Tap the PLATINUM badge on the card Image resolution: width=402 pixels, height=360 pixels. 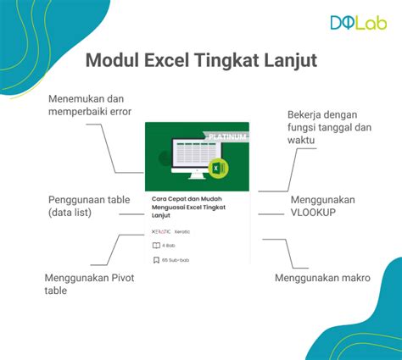click(226, 136)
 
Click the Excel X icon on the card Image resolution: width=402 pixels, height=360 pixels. click(217, 169)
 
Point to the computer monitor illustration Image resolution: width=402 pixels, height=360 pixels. click(191, 159)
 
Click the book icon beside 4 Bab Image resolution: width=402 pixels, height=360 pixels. click(155, 246)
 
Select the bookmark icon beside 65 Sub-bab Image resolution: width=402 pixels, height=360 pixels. click(155, 260)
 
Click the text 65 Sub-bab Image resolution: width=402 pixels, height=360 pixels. click(176, 260)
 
